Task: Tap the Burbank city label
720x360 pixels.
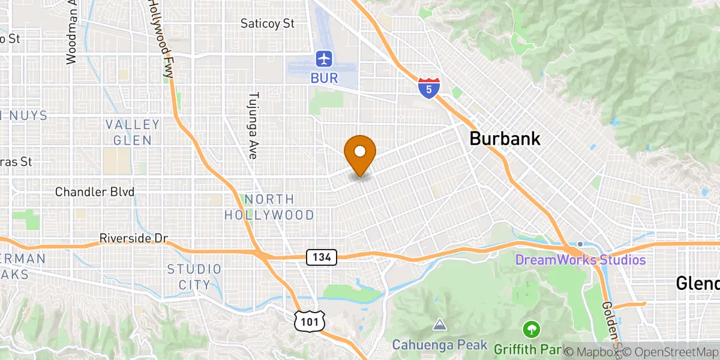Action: tap(505, 139)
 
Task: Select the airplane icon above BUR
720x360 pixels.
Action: tap(324, 59)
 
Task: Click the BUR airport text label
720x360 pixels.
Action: tap(324, 78)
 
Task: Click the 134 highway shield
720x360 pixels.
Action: tap(322, 257)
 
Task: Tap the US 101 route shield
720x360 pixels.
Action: tap(308, 322)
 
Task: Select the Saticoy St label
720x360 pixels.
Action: tap(268, 24)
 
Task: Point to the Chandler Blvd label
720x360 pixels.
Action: tap(95, 192)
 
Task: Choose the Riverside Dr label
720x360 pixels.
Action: tap(133, 238)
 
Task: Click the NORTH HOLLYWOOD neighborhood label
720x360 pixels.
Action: tap(269, 207)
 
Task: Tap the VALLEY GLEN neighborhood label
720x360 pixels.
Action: tap(133, 132)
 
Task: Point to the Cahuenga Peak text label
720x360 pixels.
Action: tap(440, 345)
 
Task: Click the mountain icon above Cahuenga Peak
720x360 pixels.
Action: tap(440, 325)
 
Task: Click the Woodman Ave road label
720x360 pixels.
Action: tap(72, 33)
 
